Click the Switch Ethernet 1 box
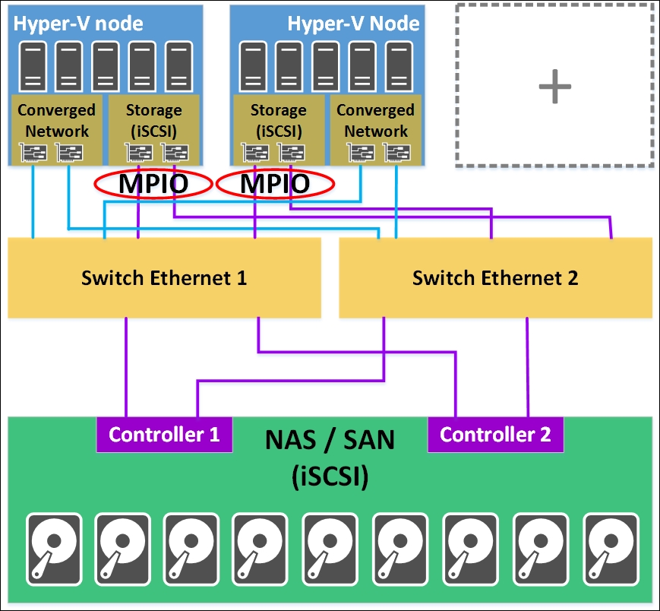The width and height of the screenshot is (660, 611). (164, 277)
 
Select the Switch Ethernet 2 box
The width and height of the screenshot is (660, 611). (495, 277)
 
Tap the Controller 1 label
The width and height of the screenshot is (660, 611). (164, 435)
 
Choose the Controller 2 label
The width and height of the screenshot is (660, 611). (495, 435)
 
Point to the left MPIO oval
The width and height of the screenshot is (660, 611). (152, 184)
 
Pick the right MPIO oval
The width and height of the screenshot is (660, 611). (275, 184)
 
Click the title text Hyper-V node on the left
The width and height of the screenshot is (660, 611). (78, 23)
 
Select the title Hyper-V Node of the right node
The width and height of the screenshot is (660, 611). (353, 23)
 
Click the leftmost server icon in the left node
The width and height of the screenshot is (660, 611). (33, 67)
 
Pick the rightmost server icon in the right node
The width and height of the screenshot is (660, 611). (398, 67)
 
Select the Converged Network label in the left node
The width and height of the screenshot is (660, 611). (57, 120)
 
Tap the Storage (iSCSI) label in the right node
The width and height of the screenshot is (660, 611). (278, 120)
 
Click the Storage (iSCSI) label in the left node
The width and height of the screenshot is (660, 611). (153, 120)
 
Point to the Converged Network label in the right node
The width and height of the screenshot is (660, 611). (375, 120)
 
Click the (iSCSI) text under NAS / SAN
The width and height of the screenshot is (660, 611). (330, 477)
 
